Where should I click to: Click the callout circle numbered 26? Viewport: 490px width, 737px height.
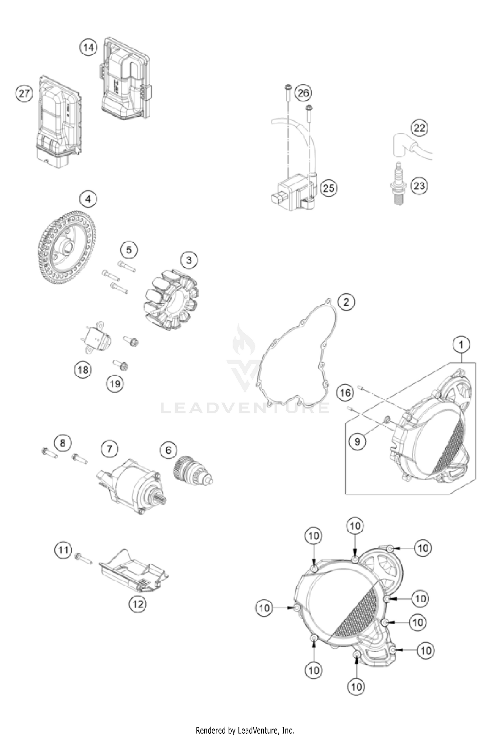pyautogui.click(x=303, y=93)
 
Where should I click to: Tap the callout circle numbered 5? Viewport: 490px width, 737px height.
pyautogui.click(x=129, y=250)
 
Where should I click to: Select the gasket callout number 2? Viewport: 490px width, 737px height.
pyautogui.click(x=346, y=302)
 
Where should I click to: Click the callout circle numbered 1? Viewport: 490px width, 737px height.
pyautogui.click(x=461, y=345)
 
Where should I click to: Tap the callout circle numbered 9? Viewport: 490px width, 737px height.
pyautogui.click(x=357, y=441)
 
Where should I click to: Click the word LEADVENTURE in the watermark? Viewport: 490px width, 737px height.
pyautogui.click(x=245, y=408)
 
